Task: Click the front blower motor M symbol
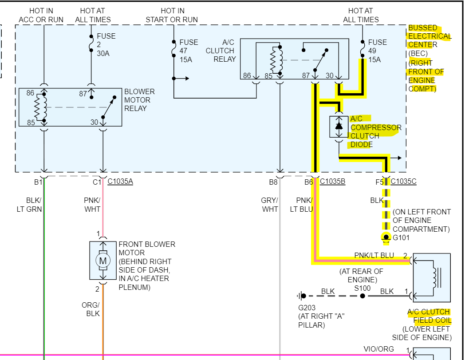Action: pyautogui.click(x=102, y=261)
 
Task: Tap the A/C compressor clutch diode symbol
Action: pyautogui.click(x=339, y=127)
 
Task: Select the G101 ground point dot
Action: pyautogui.click(x=386, y=237)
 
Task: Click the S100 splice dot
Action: pyautogui.click(x=363, y=296)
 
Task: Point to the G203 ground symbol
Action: pyautogui.click(x=301, y=296)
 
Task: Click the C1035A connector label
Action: pyautogui.click(x=120, y=182)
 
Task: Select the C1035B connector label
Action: pyautogui.click(x=332, y=182)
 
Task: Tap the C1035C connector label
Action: pyautogui.click(x=403, y=182)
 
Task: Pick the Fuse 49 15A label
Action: pyautogui.click(x=377, y=51)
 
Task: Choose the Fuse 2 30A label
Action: pyautogui.click(x=106, y=44)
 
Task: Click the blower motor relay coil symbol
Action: pyautogui.click(x=41, y=107)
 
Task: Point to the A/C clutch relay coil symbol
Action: pyautogui.click(x=276, y=59)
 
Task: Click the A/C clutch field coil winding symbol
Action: pyautogui.click(x=435, y=278)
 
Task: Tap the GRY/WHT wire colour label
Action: pyautogui.click(x=269, y=205)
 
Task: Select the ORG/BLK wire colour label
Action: pyautogui.click(x=91, y=309)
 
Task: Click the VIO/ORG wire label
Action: pyautogui.click(x=379, y=349)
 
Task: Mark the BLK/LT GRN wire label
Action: pyautogui.click(x=29, y=205)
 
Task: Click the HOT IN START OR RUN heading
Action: pyautogui.click(x=172, y=15)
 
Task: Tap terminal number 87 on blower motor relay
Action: pyautogui.click(x=83, y=94)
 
